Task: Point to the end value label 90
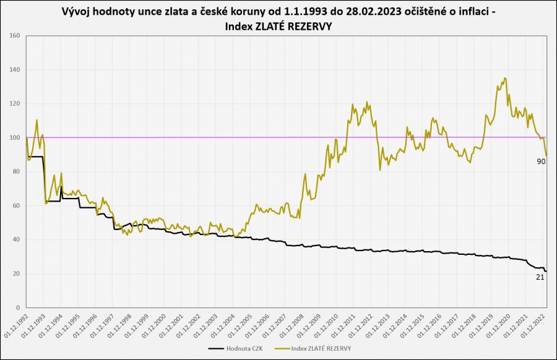pos(541,161)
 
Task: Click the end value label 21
pos(540,278)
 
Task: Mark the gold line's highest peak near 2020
pos(506,78)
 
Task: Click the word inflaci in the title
pos(468,12)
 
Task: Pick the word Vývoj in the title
pos(76,12)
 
